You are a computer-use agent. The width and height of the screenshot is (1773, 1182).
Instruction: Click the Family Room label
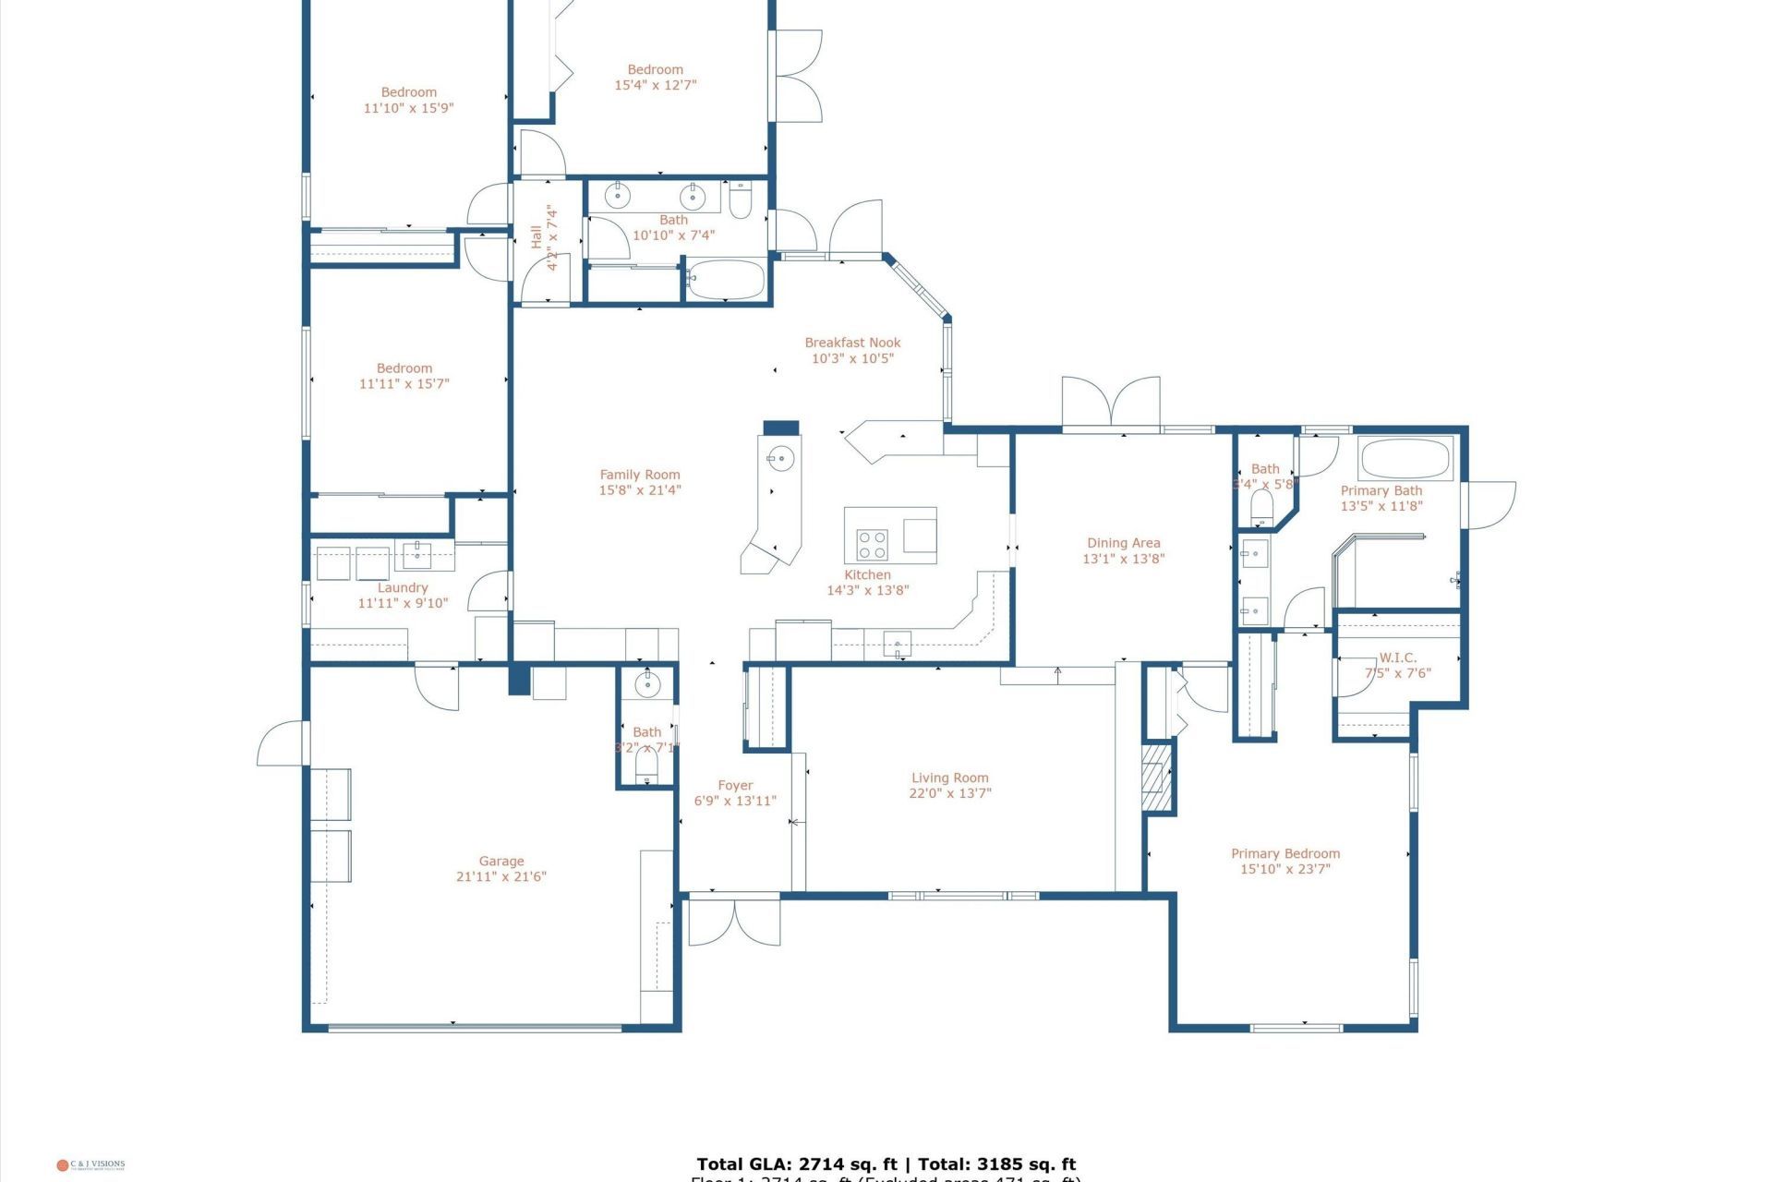(639, 475)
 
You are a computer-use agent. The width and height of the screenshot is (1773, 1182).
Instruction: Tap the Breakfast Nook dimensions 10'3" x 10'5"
(852, 358)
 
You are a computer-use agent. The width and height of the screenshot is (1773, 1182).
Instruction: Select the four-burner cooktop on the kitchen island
(872, 544)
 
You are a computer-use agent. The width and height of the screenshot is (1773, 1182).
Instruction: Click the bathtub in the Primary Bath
(1405, 459)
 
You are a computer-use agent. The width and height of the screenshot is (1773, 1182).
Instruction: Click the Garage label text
(501, 861)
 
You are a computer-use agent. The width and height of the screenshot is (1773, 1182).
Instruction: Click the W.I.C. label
(1397, 657)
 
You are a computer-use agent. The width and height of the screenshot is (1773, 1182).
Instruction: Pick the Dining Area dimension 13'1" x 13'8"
(1123, 559)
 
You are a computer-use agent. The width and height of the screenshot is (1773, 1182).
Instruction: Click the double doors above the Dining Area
(1111, 404)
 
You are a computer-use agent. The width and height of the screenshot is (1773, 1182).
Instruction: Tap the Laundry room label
(403, 587)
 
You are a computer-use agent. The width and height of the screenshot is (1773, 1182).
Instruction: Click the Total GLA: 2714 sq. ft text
(796, 1164)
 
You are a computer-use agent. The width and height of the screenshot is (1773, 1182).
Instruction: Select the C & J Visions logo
(90, 1165)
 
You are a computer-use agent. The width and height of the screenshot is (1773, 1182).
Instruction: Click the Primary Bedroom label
(1285, 853)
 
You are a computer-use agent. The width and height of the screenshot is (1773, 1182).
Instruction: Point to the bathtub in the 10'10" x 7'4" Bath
(727, 280)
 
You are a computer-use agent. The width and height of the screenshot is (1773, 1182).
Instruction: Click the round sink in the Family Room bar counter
(780, 457)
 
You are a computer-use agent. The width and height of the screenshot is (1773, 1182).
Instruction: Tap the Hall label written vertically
(537, 236)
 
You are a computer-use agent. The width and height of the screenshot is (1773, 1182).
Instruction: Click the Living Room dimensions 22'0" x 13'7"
(949, 793)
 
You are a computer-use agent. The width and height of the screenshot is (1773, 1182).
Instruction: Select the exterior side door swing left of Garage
(282, 744)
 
